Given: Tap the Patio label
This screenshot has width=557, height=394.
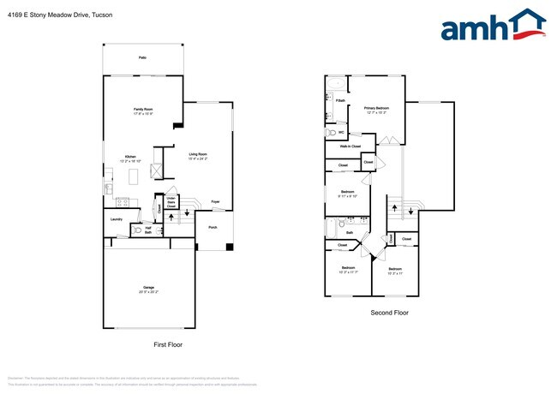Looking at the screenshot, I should [x=142, y=58].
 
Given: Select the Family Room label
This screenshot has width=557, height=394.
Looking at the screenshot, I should [x=142, y=111].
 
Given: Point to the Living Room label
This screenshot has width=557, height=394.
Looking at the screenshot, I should [x=200, y=156].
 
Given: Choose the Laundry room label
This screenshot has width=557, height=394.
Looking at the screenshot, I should [x=117, y=219].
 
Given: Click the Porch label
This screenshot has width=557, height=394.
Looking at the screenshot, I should [x=213, y=228].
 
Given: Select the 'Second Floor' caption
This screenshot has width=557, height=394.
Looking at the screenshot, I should [x=389, y=313].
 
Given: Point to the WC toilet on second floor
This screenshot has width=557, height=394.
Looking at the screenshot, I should [x=332, y=134].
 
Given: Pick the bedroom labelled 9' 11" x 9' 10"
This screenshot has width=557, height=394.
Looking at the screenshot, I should [x=347, y=194].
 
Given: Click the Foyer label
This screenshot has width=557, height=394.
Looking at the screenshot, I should [x=215, y=202].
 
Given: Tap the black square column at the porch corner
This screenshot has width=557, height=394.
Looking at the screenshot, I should [x=229, y=248].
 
